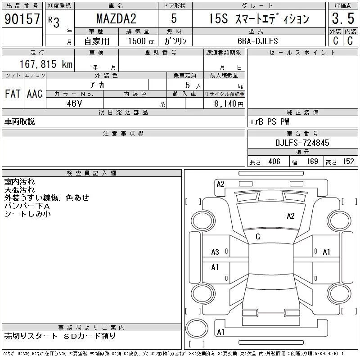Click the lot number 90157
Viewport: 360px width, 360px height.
pyautogui.click(x=22, y=18)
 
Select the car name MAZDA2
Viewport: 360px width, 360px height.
pyautogui.click(x=116, y=18)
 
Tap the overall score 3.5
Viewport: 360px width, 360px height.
pyautogui.click(x=343, y=18)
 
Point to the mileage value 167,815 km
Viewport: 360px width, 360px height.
pyautogui.click(x=46, y=64)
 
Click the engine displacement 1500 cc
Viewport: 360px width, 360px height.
pyautogui.click(x=141, y=41)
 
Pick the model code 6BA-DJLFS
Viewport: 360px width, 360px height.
pyautogui.click(x=257, y=41)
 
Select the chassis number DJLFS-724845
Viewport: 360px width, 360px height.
pyautogui.click(x=302, y=143)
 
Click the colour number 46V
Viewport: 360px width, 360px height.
pyautogui.click(x=74, y=103)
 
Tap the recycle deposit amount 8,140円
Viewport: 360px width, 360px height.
pyautogui.click(x=229, y=104)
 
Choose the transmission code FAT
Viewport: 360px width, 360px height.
pyautogui.click(x=13, y=94)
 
